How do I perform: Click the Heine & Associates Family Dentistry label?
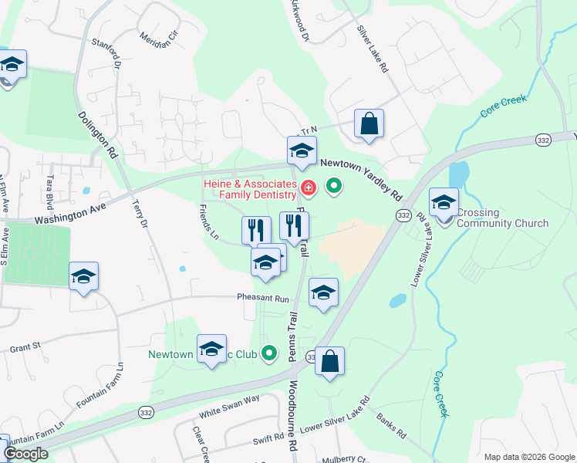250,190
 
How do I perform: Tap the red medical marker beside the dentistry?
309,188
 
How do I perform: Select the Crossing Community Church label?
502,218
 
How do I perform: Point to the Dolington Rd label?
97,133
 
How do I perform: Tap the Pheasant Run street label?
262,299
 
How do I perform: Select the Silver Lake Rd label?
371,49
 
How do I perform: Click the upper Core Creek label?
503,106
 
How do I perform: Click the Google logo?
25,454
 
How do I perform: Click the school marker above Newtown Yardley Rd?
302,151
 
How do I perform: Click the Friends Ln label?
208,221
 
